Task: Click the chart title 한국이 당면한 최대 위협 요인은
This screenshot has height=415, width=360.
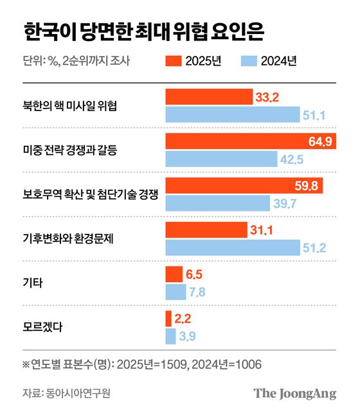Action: click(x=143, y=30)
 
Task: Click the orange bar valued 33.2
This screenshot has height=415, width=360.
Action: click(x=209, y=97)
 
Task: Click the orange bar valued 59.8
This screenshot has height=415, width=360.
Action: click(x=244, y=186)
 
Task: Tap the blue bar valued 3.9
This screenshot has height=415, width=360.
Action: click(x=170, y=336)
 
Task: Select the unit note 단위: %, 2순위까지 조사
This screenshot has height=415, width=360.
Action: click(x=76, y=61)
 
